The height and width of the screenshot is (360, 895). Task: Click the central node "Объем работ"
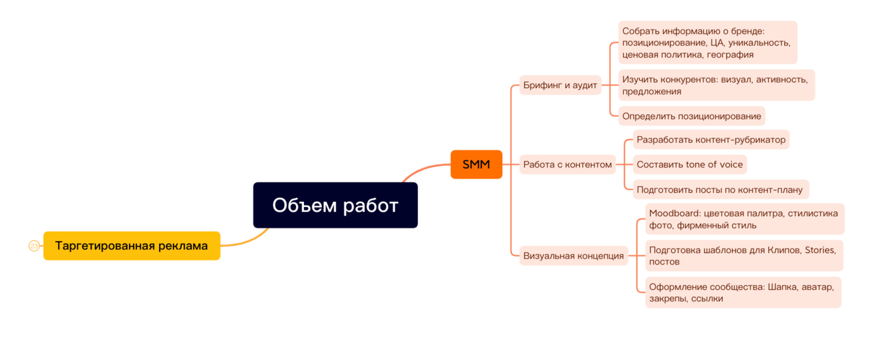point(335,205)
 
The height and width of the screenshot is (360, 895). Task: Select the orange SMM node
point(476,164)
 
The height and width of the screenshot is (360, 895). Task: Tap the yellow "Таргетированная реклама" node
point(132,246)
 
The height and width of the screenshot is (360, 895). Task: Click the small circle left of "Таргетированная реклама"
point(34,246)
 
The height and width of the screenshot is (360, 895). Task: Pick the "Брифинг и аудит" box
point(560,85)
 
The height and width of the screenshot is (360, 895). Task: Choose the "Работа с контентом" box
point(567,164)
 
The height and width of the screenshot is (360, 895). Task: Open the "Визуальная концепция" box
point(573,255)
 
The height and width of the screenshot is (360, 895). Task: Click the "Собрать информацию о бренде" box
point(707,43)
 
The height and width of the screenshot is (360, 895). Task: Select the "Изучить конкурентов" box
point(715,85)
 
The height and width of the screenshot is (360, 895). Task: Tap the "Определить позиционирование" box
point(691,116)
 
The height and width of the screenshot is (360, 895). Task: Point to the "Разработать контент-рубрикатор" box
point(711,140)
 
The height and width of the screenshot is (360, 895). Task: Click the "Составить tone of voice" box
point(689,164)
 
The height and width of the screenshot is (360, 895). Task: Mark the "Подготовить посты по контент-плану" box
point(719,190)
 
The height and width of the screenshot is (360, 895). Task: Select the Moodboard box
point(743,219)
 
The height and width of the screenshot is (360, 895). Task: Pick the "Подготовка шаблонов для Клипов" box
point(743,256)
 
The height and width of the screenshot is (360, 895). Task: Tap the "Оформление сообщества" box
point(742,293)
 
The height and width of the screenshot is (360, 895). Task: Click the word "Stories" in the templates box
point(819,250)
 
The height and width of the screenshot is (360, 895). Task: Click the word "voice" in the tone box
point(729,164)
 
